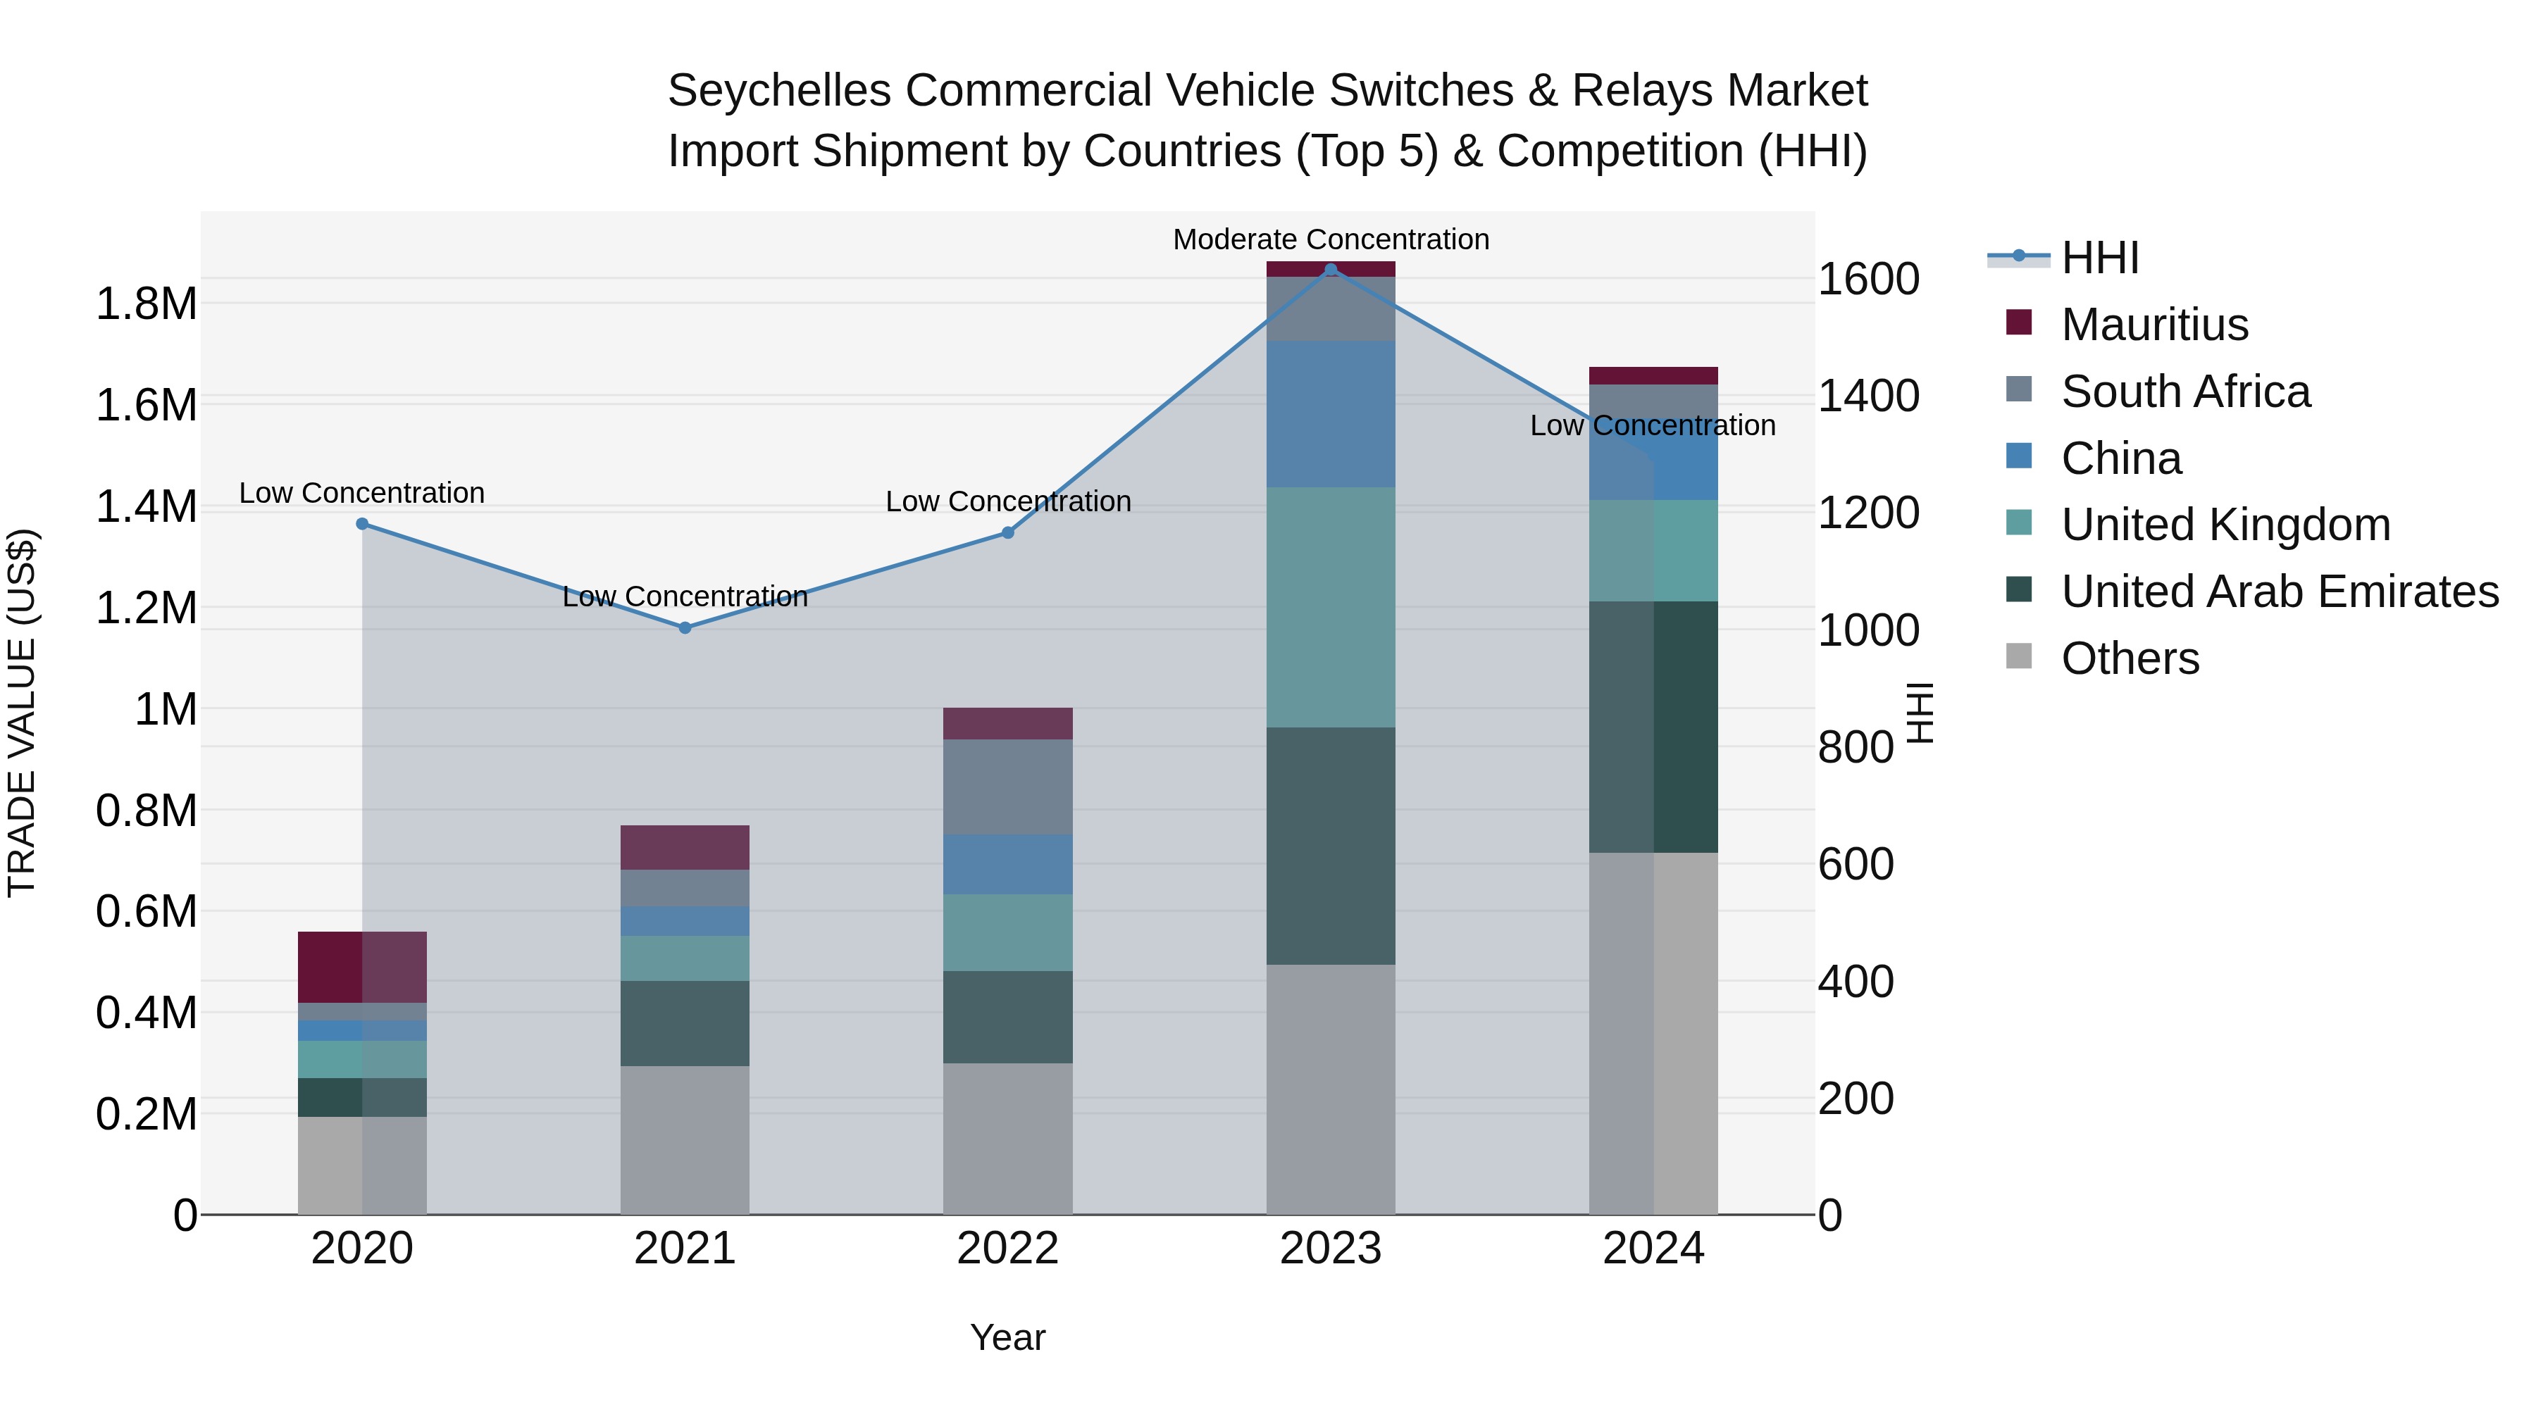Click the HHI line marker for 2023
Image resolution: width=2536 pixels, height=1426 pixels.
[1330, 269]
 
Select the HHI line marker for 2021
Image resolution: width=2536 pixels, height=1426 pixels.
[685, 627]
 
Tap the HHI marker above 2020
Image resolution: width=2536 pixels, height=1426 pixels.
[362, 523]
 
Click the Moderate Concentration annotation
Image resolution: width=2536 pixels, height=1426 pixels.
[1330, 239]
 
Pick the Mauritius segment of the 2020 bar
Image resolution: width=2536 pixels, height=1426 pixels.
[362, 966]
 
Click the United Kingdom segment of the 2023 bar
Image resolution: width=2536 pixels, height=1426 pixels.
[1330, 606]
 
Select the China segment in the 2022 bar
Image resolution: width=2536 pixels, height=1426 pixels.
[1007, 864]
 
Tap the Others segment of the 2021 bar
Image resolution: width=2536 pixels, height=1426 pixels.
[685, 1139]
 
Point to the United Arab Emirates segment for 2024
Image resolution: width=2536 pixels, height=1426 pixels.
[1653, 726]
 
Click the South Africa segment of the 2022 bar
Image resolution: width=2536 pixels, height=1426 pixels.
[1007, 787]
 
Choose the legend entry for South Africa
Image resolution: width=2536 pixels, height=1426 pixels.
[2184, 392]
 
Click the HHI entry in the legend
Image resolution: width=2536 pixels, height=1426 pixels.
[2099, 258]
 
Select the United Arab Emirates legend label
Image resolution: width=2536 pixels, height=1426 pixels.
[2279, 592]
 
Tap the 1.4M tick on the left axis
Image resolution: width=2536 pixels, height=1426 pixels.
[146, 507]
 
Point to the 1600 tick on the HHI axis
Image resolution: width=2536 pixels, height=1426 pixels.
[1867, 280]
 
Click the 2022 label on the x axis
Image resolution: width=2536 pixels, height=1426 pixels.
[1007, 1248]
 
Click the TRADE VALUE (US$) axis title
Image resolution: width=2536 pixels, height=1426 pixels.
[22, 713]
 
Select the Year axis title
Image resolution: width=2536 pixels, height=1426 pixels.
[1007, 1337]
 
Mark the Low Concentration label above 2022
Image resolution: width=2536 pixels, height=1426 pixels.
[1007, 501]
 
